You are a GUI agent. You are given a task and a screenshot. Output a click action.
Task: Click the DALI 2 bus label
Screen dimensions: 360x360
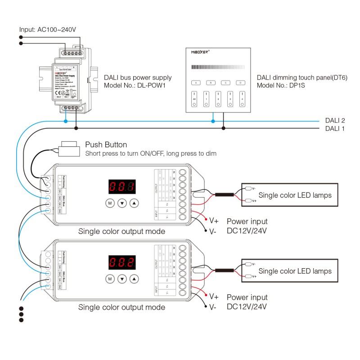[x=335, y=121]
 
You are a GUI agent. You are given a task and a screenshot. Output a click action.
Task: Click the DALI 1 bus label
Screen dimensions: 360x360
[x=335, y=128]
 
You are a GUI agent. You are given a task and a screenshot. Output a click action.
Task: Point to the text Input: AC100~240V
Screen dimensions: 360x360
[x=48, y=30]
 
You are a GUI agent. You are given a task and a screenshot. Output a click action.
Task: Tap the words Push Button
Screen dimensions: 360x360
[x=106, y=145]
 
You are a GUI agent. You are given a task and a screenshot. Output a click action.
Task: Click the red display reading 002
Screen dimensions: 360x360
[x=121, y=262]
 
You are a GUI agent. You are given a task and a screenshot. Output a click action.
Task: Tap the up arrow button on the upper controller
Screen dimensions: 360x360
[x=134, y=203]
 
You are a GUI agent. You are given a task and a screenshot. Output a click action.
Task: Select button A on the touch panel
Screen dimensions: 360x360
[x=195, y=83]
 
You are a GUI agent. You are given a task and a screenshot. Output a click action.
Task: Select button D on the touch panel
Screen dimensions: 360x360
[x=240, y=83]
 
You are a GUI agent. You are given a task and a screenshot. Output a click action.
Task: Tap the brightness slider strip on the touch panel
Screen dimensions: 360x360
[x=218, y=67]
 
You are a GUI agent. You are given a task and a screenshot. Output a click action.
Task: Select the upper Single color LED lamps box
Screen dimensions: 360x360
[x=289, y=195]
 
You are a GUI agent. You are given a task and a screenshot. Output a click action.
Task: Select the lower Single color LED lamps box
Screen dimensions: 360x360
[x=289, y=271]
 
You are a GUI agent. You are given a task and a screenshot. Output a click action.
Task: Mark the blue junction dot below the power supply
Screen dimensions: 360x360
[x=66, y=121]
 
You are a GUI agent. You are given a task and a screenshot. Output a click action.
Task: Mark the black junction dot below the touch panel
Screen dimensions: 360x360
[x=223, y=128]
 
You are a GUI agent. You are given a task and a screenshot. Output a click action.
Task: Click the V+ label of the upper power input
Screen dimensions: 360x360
[x=214, y=220]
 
